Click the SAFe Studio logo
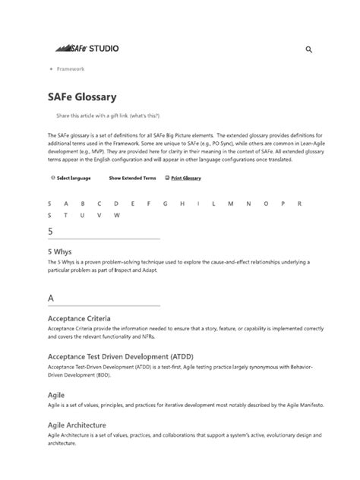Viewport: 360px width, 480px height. pyautogui.click(x=87, y=49)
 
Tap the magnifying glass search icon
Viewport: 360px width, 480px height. pyautogui.click(x=309, y=50)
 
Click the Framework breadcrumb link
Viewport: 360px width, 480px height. pyautogui.click(x=70, y=69)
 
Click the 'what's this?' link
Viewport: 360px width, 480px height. pyautogui.click(x=144, y=116)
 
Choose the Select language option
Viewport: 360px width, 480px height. pyautogui.click(x=72, y=178)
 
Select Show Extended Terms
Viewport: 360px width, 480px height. pyautogui.click(x=132, y=178)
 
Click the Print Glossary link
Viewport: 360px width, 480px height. pyautogui.click(x=185, y=178)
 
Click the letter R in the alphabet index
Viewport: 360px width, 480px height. pyautogui.click(x=299, y=204)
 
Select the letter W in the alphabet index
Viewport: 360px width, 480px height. pyautogui.click(x=116, y=215)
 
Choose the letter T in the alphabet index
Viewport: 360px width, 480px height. pyautogui.click(x=66, y=215)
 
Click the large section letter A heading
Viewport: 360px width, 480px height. pyautogui.click(x=51, y=297)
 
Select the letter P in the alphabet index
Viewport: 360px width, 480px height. pyautogui.click(x=283, y=204)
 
